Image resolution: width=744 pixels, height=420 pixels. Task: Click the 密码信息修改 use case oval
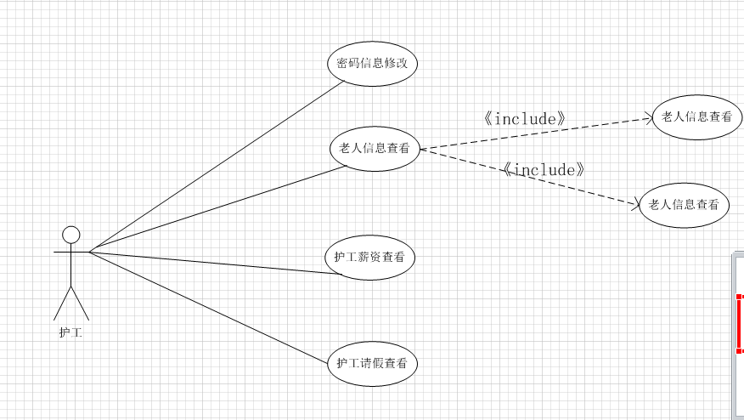tap(372, 64)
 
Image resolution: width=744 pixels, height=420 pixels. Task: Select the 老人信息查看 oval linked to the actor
tap(375, 149)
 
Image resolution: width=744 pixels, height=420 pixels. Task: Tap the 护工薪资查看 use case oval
tap(369, 257)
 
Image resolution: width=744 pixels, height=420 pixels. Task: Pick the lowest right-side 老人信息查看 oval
tap(684, 204)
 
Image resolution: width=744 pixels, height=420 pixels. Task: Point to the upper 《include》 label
tap(524, 119)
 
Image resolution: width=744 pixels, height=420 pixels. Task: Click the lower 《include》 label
tap(544, 170)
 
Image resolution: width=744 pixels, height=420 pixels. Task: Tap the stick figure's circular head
tap(71, 234)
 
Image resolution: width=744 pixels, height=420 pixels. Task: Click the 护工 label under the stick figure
tap(70, 332)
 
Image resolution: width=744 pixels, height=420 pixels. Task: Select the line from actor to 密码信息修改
tap(217, 166)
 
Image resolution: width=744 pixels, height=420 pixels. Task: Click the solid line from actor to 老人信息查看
tap(217, 208)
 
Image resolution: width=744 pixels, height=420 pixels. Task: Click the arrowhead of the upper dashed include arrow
tap(648, 119)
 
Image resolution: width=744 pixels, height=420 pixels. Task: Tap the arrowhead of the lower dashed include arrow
tap(634, 203)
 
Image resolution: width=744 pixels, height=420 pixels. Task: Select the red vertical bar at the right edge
tap(740, 323)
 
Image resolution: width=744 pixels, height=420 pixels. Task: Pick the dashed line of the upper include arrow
tap(535, 134)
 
